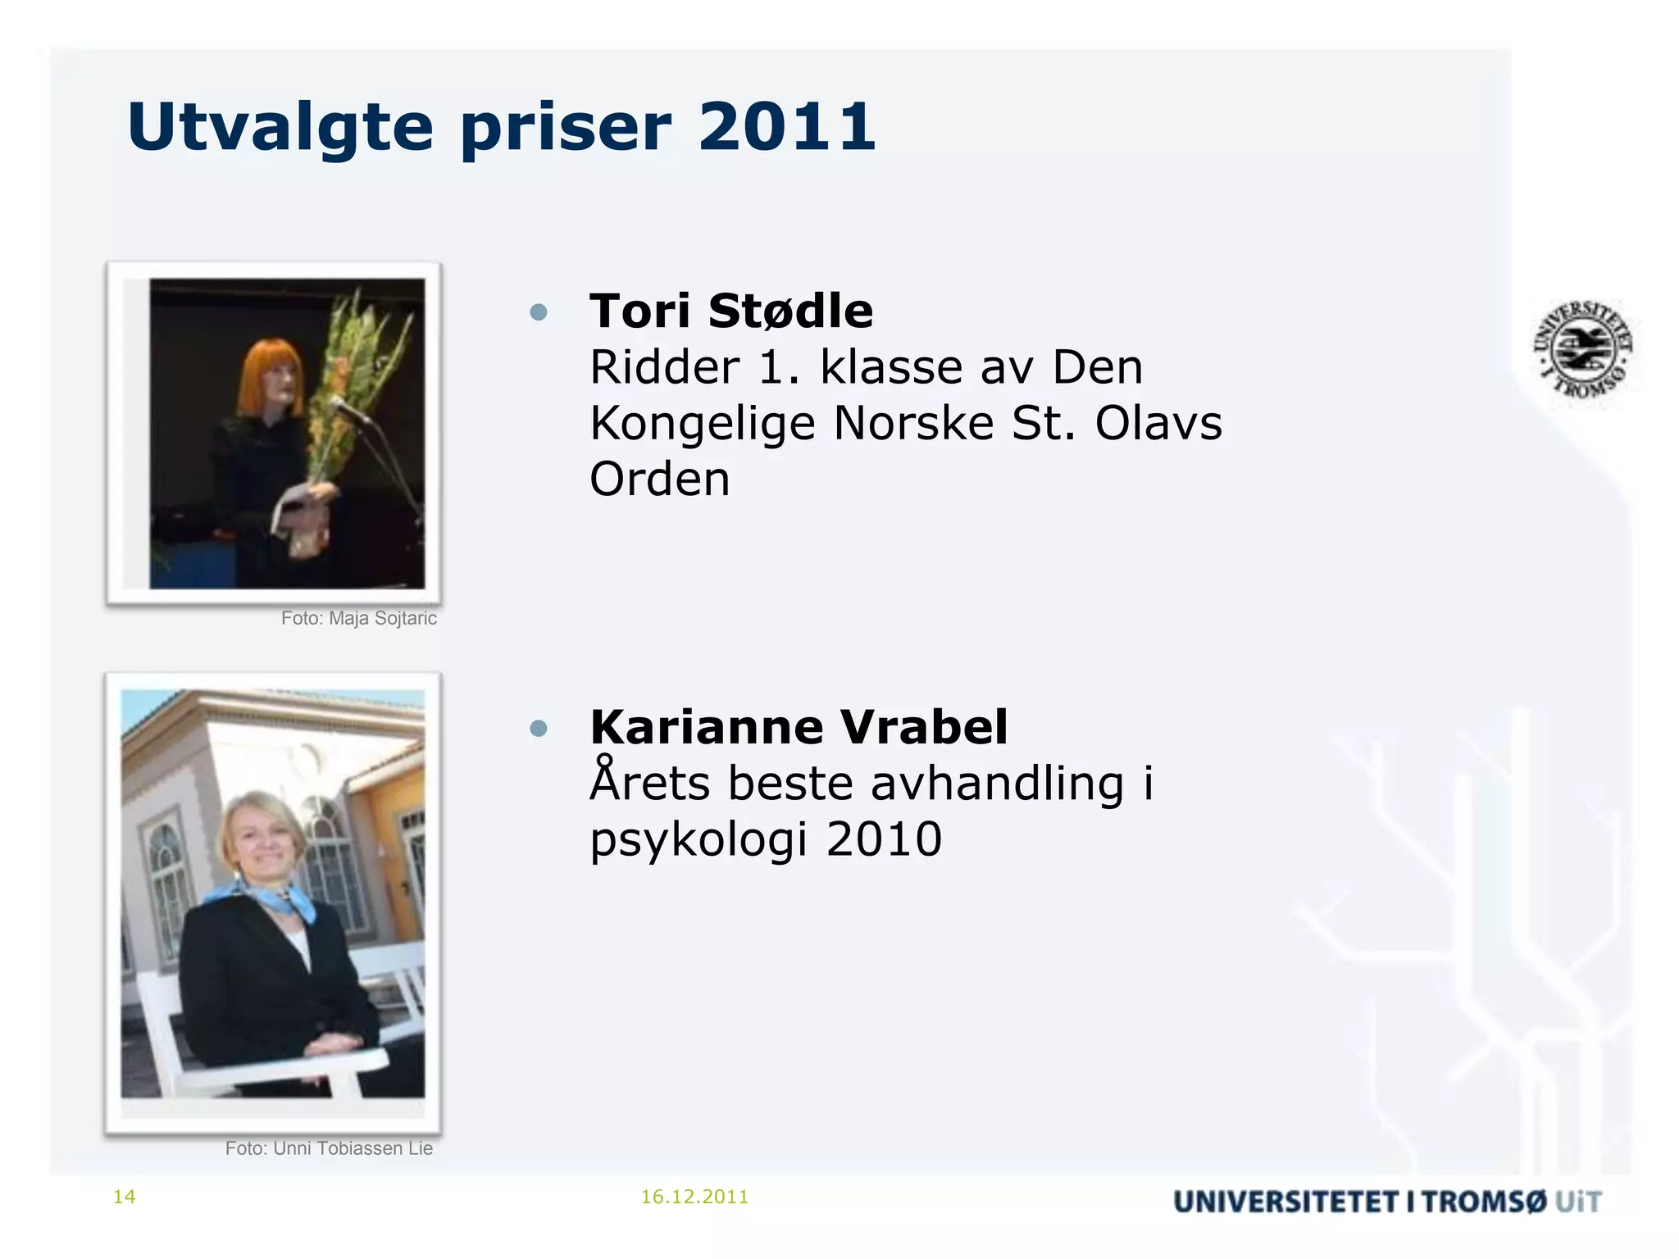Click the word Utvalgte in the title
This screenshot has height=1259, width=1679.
coord(280,127)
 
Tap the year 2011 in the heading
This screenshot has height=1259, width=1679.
coord(787,127)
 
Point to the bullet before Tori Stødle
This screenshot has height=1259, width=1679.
coord(539,312)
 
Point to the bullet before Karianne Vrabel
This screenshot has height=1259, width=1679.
coord(539,728)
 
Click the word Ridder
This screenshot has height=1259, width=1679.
coord(665,367)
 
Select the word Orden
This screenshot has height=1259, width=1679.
coord(659,480)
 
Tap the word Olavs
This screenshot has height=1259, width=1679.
coord(1158,424)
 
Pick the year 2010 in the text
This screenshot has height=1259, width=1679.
coord(884,839)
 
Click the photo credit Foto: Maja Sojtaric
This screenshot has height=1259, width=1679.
coord(358,619)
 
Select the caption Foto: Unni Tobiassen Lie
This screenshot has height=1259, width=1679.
coord(329,1148)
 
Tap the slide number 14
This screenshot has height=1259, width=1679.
coord(124,1197)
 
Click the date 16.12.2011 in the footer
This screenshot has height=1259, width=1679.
coord(694,1197)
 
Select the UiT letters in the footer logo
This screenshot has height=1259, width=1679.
coord(1578,1202)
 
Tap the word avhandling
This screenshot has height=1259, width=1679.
coord(997,784)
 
